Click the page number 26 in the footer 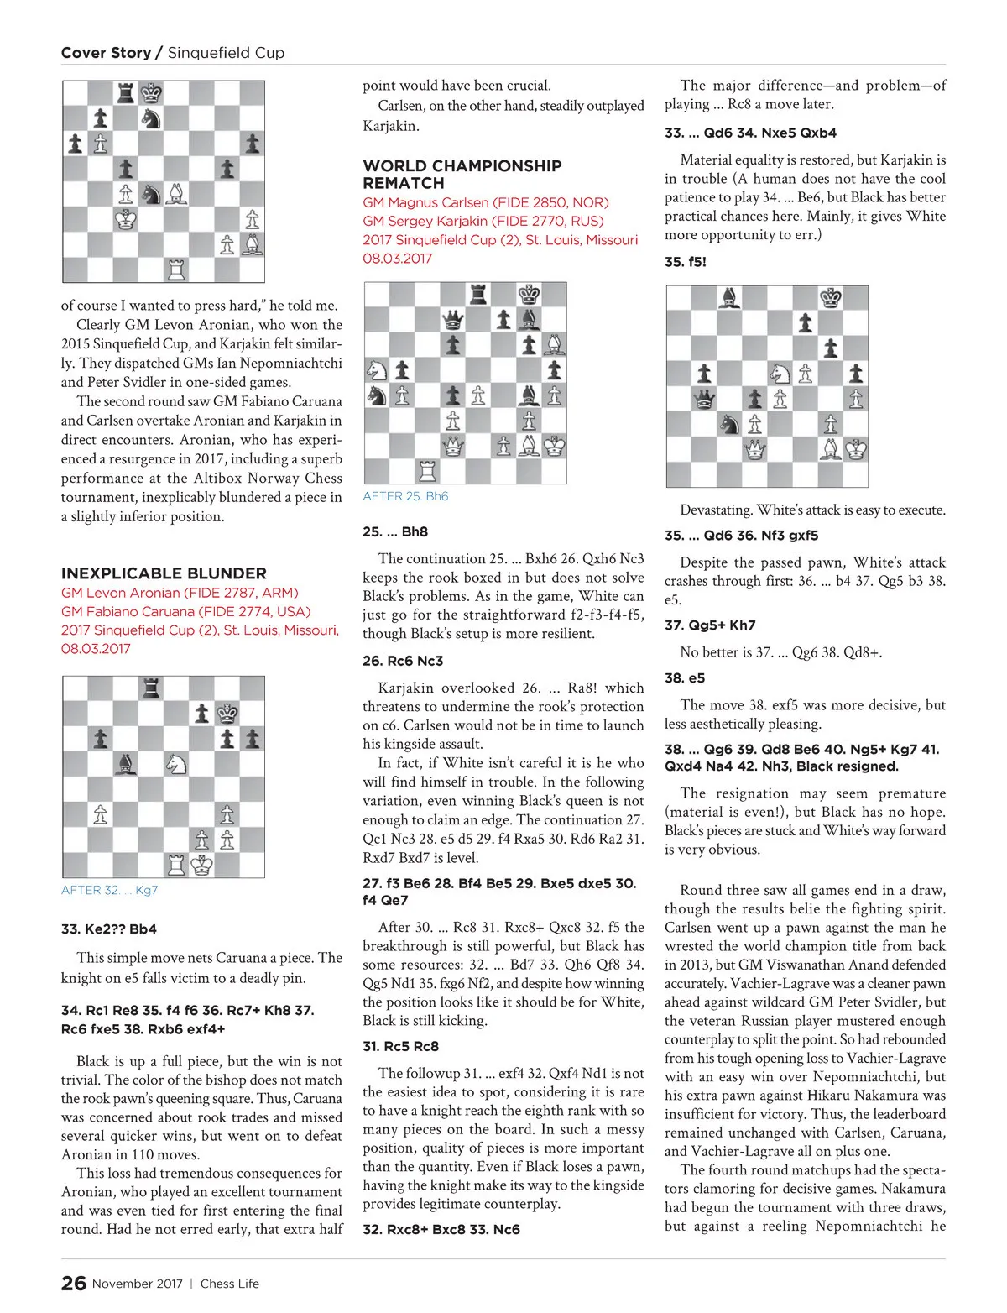point(74,1283)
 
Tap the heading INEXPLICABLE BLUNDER point(164,573)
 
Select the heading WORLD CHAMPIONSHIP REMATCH point(462,174)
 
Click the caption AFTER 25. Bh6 point(405,496)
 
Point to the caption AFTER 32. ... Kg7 point(109,890)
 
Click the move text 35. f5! point(686,262)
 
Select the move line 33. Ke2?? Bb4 point(109,929)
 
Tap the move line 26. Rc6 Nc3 point(403,661)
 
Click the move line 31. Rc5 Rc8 point(400,1046)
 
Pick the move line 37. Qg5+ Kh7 point(710,625)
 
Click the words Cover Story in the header point(106,53)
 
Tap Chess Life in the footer point(230,1284)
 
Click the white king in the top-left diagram point(126,220)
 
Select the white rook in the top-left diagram point(176,269)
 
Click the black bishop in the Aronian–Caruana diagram point(126,765)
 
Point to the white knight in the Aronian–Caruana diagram point(176,765)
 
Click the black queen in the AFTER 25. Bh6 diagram point(453,320)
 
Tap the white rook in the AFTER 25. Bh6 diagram point(428,471)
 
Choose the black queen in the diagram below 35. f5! point(705,399)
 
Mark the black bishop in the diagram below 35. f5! point(730,298)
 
